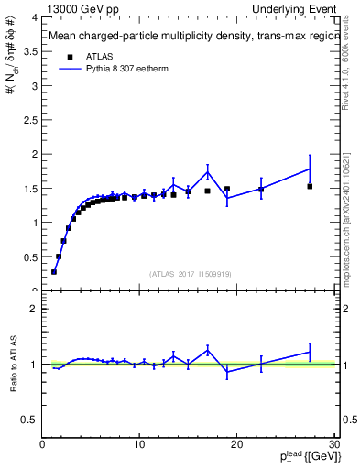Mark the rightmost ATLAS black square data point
[310, 186]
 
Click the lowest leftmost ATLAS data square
[54, 271]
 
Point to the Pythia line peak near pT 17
[208, 171]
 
